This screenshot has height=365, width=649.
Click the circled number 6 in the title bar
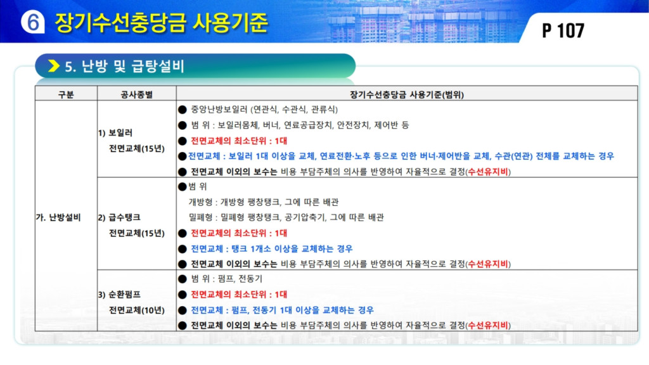(x=33, y=22)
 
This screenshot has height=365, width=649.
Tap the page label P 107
(x=563, y=30)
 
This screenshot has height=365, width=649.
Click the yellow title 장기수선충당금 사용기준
(x=162, y=22)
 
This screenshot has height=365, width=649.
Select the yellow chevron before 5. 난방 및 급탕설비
(x=54, y=66)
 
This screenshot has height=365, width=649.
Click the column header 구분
(x=66, y=94)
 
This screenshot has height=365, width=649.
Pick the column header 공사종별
(x=137, y=94)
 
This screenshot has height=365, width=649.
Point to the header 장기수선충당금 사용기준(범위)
(x=407, y=94)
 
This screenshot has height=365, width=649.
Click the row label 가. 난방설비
(x=58, y=217)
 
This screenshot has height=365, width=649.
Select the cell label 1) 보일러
(x=115, y=133)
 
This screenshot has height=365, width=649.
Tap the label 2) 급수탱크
(x=119, y=217)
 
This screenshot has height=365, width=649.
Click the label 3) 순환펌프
(x=119, y=295)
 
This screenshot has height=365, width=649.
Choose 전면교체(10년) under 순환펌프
(x=137, y=310)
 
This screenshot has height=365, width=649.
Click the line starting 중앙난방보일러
(x=264, y=110)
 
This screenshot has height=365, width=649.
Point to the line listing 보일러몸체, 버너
(x=300, y=125)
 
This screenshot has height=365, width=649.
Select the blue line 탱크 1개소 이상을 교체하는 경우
(x=271, y=248)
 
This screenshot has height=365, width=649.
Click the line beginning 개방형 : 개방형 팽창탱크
(x=263, y=202)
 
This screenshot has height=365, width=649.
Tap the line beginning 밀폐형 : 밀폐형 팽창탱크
(x=286, y=217)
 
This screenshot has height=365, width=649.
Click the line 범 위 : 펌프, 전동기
(x=226, y=279)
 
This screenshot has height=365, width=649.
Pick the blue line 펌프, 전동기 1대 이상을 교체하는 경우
(x=282, y=310)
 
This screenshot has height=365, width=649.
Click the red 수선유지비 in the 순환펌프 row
(x=487, y=325)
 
